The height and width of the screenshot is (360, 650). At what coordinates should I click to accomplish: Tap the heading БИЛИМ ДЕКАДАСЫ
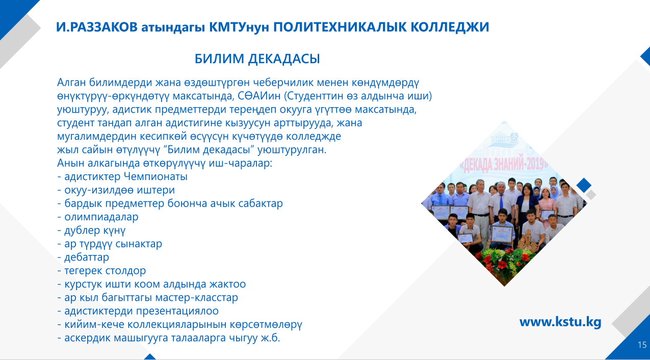click(257, 59)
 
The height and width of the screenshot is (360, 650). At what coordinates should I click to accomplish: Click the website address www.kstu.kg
click(560, 322)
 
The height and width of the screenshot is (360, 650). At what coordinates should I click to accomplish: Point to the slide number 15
click(642, 345)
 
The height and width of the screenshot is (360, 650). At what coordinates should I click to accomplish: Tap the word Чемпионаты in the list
click(155, 176)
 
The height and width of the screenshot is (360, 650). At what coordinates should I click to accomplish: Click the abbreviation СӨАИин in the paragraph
click(259, 96)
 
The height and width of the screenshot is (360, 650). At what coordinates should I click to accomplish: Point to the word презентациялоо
click(177, 311)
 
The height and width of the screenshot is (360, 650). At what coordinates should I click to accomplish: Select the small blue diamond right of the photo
click(584, 185)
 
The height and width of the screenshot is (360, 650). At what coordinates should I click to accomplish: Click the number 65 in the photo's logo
click(514, 136)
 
